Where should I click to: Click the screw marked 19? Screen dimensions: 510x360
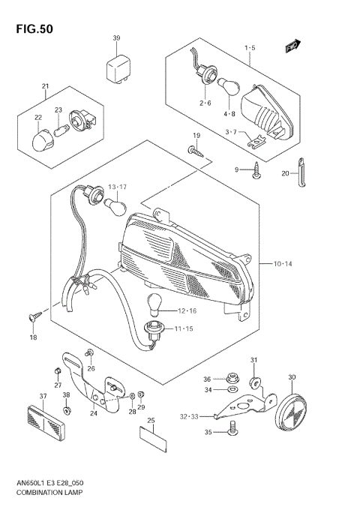coord(196,152)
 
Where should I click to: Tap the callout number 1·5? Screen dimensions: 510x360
coord(250,49)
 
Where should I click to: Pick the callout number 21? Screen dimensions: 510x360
coord(45,86)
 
